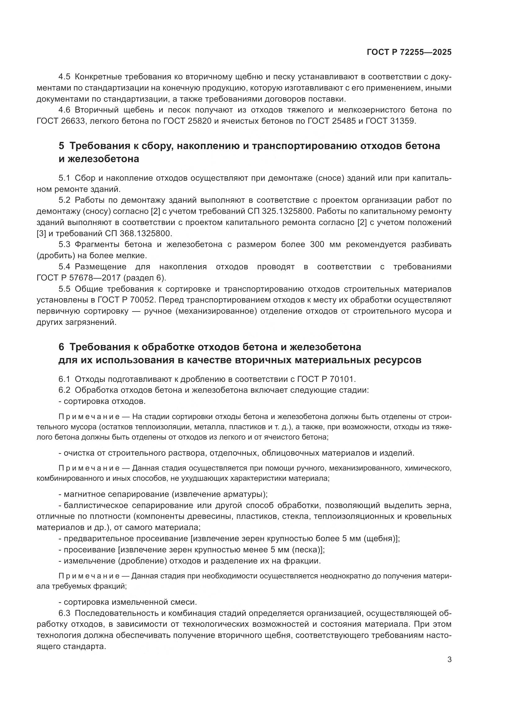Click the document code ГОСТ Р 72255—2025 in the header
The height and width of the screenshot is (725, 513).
point(409,52)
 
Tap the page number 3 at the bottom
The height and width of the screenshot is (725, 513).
point(449,660)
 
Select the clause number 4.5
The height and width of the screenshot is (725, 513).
point(65,77)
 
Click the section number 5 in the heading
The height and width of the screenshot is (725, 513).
point(61,146)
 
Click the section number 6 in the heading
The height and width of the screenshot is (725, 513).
point(61,347)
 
